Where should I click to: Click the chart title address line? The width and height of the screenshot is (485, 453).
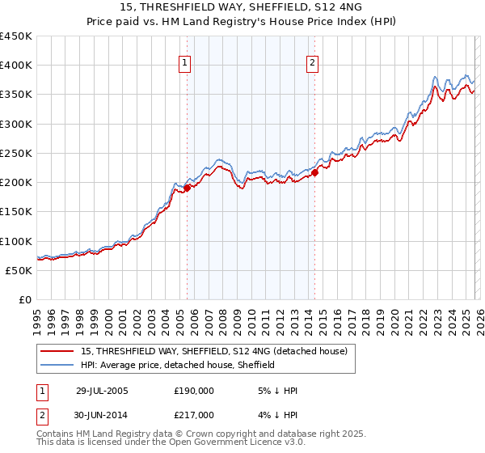pos(242,8)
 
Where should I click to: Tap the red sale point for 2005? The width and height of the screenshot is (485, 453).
pos(187,188)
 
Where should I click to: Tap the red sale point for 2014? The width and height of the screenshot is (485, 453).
pos(315,171)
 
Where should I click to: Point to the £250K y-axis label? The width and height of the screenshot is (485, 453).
pos(16,153)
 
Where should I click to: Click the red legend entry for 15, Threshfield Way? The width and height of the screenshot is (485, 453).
pos(214,351)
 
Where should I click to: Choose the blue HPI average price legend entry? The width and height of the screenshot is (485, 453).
pos(178,366)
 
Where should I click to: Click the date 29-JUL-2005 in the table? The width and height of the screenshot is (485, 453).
pos(102,390)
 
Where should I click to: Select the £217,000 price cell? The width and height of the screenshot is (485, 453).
pos(194,414)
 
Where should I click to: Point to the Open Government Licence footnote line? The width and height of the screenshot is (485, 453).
pos(171,442)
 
